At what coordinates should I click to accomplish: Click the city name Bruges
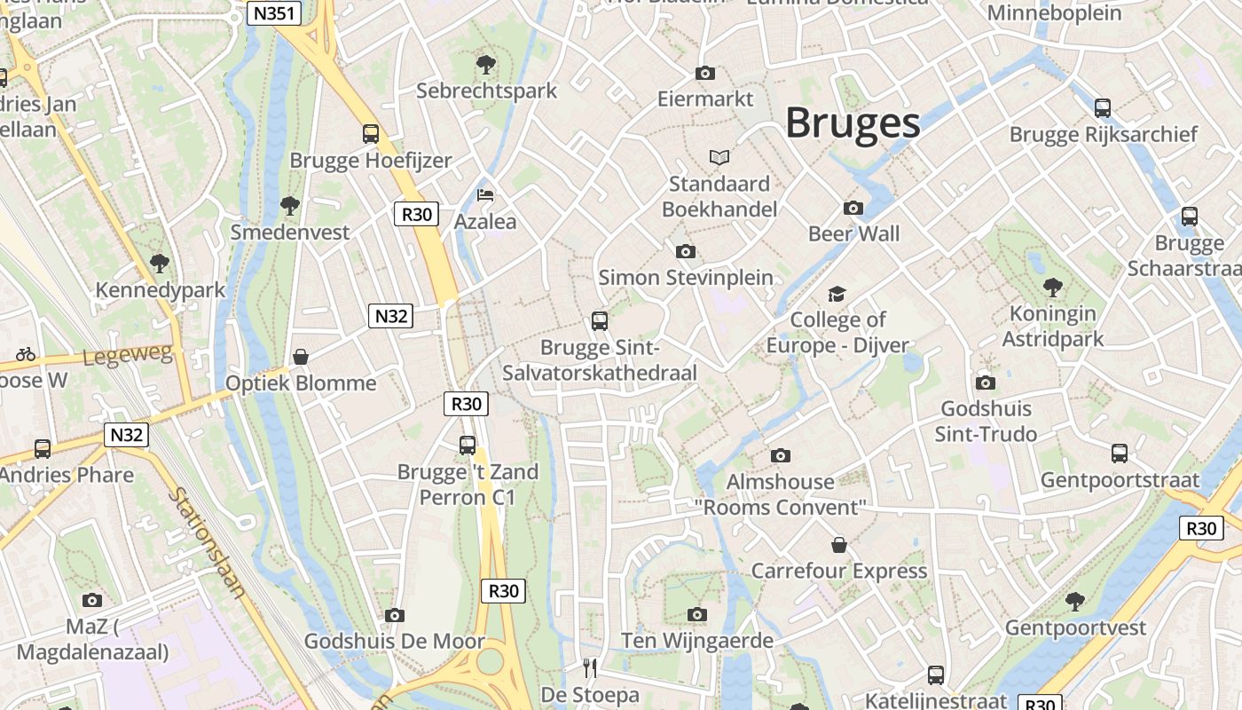click(x=853, y=122)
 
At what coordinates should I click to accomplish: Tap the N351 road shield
click(x=274, y=13)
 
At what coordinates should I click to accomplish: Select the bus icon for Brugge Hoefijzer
click(x=371, y=134)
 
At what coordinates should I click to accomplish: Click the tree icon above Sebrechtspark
click(x=485, y=64)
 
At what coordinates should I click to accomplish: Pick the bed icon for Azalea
click(x=485, y=194)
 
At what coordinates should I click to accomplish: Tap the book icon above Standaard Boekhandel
click(x=719, y=157)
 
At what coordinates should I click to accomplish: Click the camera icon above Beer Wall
click(x=853, y=208)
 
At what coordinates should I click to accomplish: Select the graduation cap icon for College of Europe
click(x=837, y=294)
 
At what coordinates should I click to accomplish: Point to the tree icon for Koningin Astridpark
click(x=1053, y=287)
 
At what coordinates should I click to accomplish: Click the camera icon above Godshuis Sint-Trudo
click(x=985, y=383)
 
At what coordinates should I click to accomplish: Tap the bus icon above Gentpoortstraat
click(x=1120, y=454)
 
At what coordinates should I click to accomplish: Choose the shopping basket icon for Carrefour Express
click(x=838, y=544)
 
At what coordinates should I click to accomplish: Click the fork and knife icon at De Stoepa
click(x=590, y=667)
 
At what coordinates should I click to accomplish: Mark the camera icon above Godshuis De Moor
click(x=395, y=615)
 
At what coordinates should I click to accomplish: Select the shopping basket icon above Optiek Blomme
click(x=301, y=357)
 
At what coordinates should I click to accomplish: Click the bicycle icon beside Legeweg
click(x=26, y=354)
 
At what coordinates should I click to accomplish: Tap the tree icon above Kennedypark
click(x=160, y=264)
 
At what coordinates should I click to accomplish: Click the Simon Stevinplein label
click(x=686, y=277)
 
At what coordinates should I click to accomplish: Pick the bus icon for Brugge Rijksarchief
click(x=1103, y=108)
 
